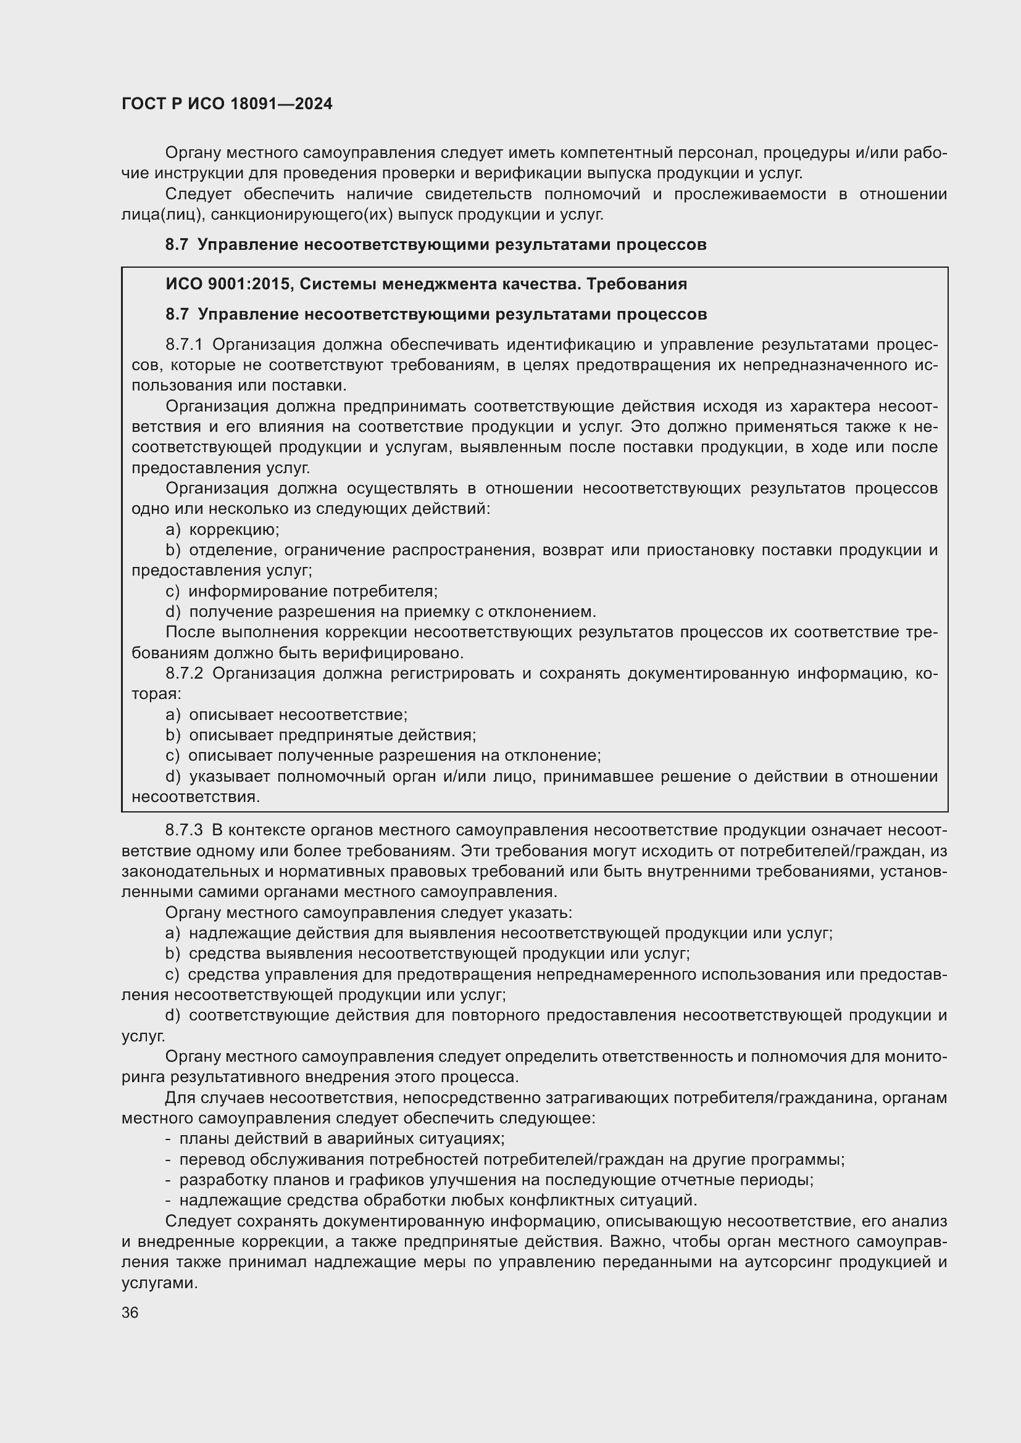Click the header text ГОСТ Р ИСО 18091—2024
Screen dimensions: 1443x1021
[227, 104]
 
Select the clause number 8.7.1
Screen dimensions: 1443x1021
[184, 344]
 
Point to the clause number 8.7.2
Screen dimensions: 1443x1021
[184, 673]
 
